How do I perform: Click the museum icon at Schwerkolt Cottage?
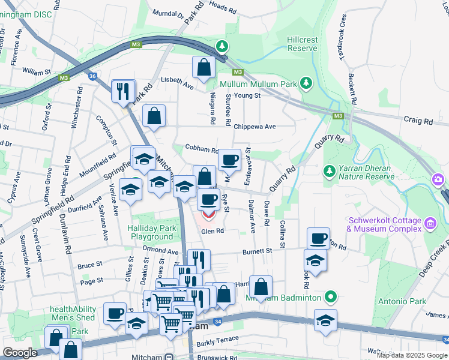coord(430,224)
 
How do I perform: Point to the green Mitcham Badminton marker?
coord(330,297)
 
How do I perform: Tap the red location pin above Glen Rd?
coord(208,214)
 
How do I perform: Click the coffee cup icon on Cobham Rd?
coord(229,160)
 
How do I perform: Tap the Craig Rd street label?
coord(418,121)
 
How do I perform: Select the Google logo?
coord(20,353)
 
